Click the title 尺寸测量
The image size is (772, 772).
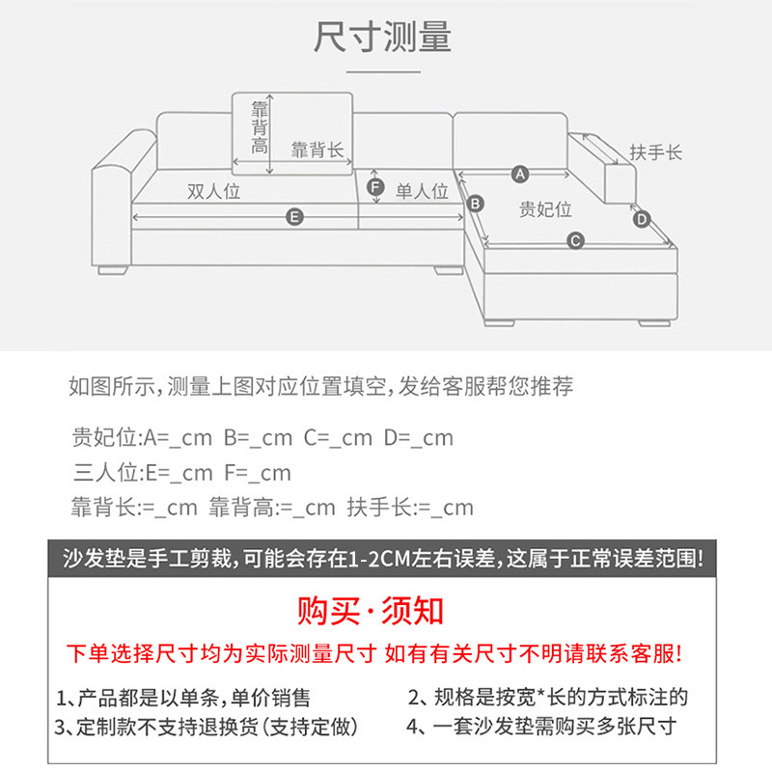383,37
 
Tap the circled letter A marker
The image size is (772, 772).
519,175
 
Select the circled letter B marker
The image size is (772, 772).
475,204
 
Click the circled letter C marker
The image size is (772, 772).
575,240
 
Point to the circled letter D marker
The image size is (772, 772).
642,220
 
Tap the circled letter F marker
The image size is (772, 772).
376,186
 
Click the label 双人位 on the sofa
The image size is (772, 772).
213,191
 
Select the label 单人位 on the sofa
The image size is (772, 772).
423,191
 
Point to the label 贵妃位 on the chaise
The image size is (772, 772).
546,209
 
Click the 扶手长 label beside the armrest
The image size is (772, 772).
656,152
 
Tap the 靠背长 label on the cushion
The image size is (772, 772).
317,150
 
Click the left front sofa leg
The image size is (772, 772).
117,270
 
